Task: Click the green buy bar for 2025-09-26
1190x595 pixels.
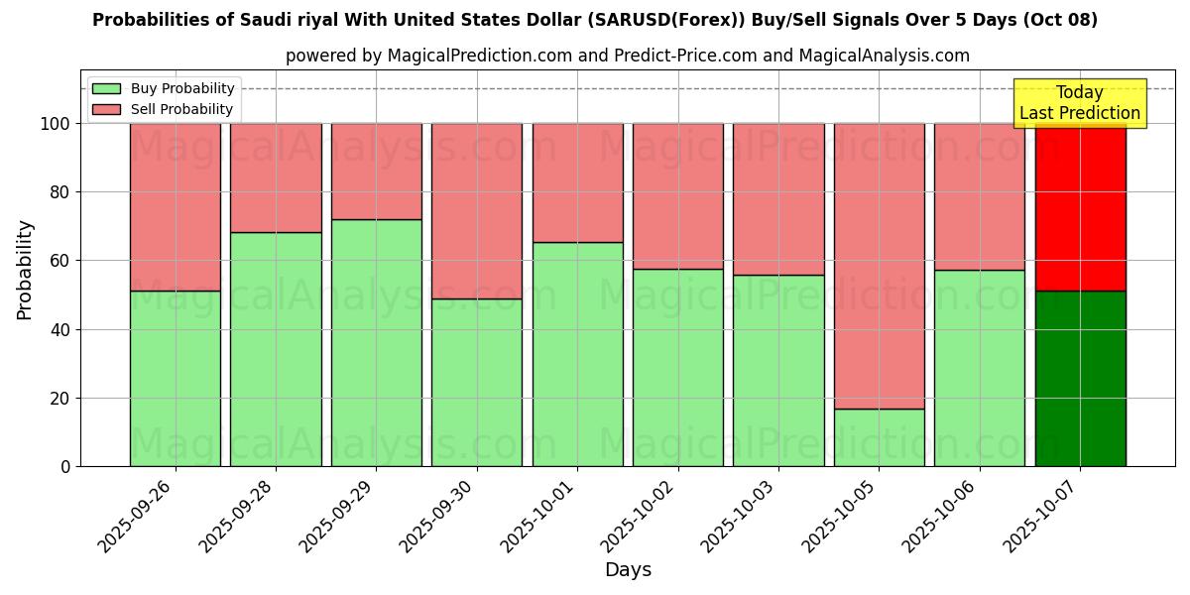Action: pyautogui.click(x=176, y=378)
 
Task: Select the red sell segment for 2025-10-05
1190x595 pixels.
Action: pyautogui.click(x=879, y=266)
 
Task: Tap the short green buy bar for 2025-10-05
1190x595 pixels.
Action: pyautogui.click(x=879, y=437)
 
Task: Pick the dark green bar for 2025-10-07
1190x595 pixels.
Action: pyautogui.click(x=1080, y=378)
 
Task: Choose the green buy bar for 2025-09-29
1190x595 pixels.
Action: pyautogui.click(x=376, y=342)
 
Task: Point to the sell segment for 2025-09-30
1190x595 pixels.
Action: pyautogui.click(x=477, y=210)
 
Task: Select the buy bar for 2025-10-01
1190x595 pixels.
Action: pyautogui.click(x=577, y=354)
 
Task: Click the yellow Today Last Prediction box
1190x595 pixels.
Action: pyautogui.click(x=1080, y=103)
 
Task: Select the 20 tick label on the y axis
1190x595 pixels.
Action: pyautogui.click(x=59, y=399)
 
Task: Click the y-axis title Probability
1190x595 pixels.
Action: pyautogui.click(x=25, y=269)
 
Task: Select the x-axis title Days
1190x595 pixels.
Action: pyautogui.click(x=628, y=570)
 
